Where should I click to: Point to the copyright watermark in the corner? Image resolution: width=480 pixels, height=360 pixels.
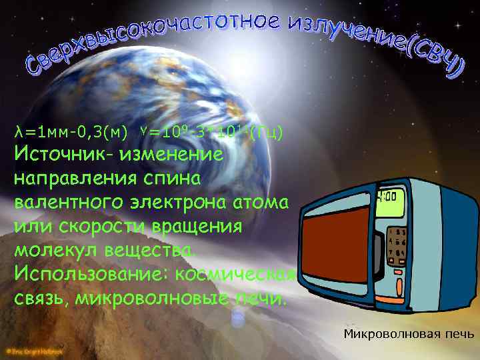33,349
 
